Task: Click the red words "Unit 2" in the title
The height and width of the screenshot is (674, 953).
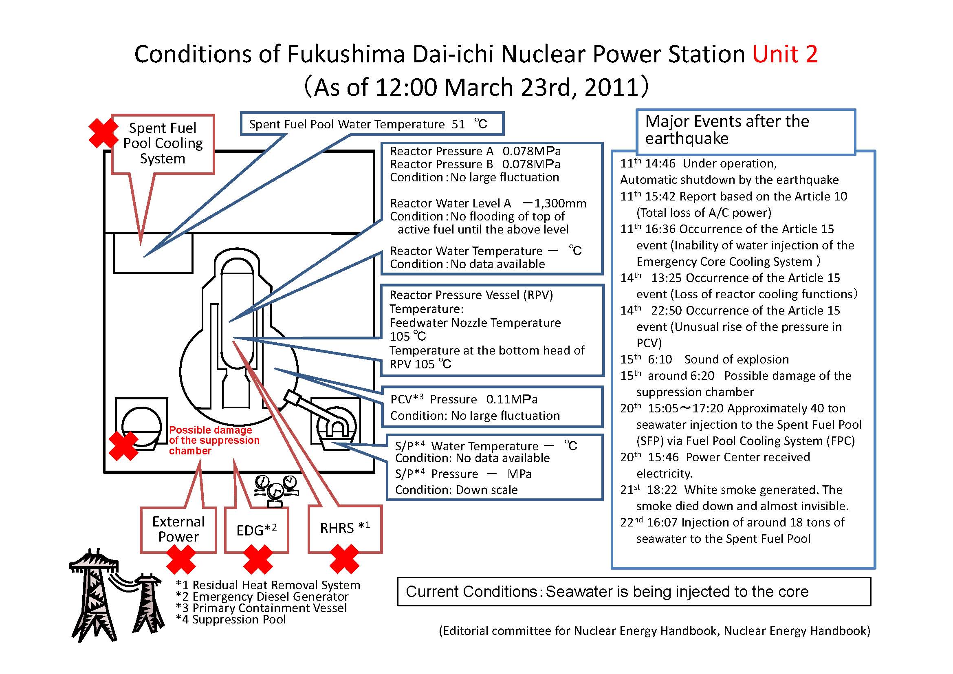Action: tap(785, 54)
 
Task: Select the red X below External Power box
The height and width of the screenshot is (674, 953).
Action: tap(181, 559)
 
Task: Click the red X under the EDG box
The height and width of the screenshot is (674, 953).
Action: tap(258, 559)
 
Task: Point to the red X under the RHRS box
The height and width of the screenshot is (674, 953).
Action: tap(345, 559)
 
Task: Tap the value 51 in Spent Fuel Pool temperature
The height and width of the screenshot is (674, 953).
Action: tap(458, 125)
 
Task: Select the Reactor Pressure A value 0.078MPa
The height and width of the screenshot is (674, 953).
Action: tap(531, 151)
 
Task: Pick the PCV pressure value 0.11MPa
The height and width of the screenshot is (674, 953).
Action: tap(512, 399)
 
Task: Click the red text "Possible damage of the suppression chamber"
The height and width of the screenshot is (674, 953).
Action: tap(214, 441)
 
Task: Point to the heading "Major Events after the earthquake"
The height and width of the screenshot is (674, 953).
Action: tap(727, 130)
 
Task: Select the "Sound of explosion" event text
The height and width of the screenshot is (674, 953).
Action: tap(736, 359)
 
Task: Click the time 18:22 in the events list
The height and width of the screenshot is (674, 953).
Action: tap(662, 490)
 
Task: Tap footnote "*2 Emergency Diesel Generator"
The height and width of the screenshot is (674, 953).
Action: tap(262, 597)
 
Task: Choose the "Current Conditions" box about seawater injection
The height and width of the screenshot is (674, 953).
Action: tap(634, 591)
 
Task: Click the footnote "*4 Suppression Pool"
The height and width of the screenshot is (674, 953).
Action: tap(231, 620)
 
